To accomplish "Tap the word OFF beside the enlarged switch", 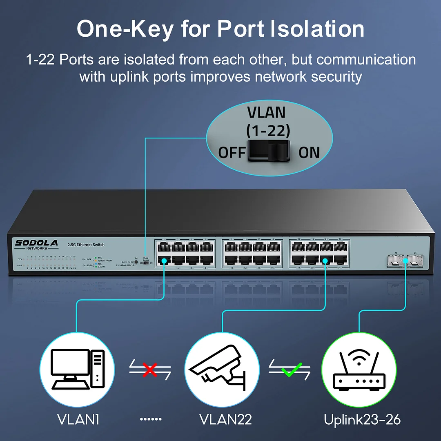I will click(232, 152).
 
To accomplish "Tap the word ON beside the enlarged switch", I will click(309, 152).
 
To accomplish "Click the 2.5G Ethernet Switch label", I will click(86, 245).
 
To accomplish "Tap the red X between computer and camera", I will click(150, 370).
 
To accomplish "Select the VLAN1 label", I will click(78, 419).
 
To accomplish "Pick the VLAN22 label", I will click(225, 419).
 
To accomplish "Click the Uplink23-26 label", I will click(362, 419).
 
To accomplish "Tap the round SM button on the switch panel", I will click(136, 262).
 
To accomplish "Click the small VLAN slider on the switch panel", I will click(145, 263).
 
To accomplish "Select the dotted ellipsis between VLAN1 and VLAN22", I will click(151, 419).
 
